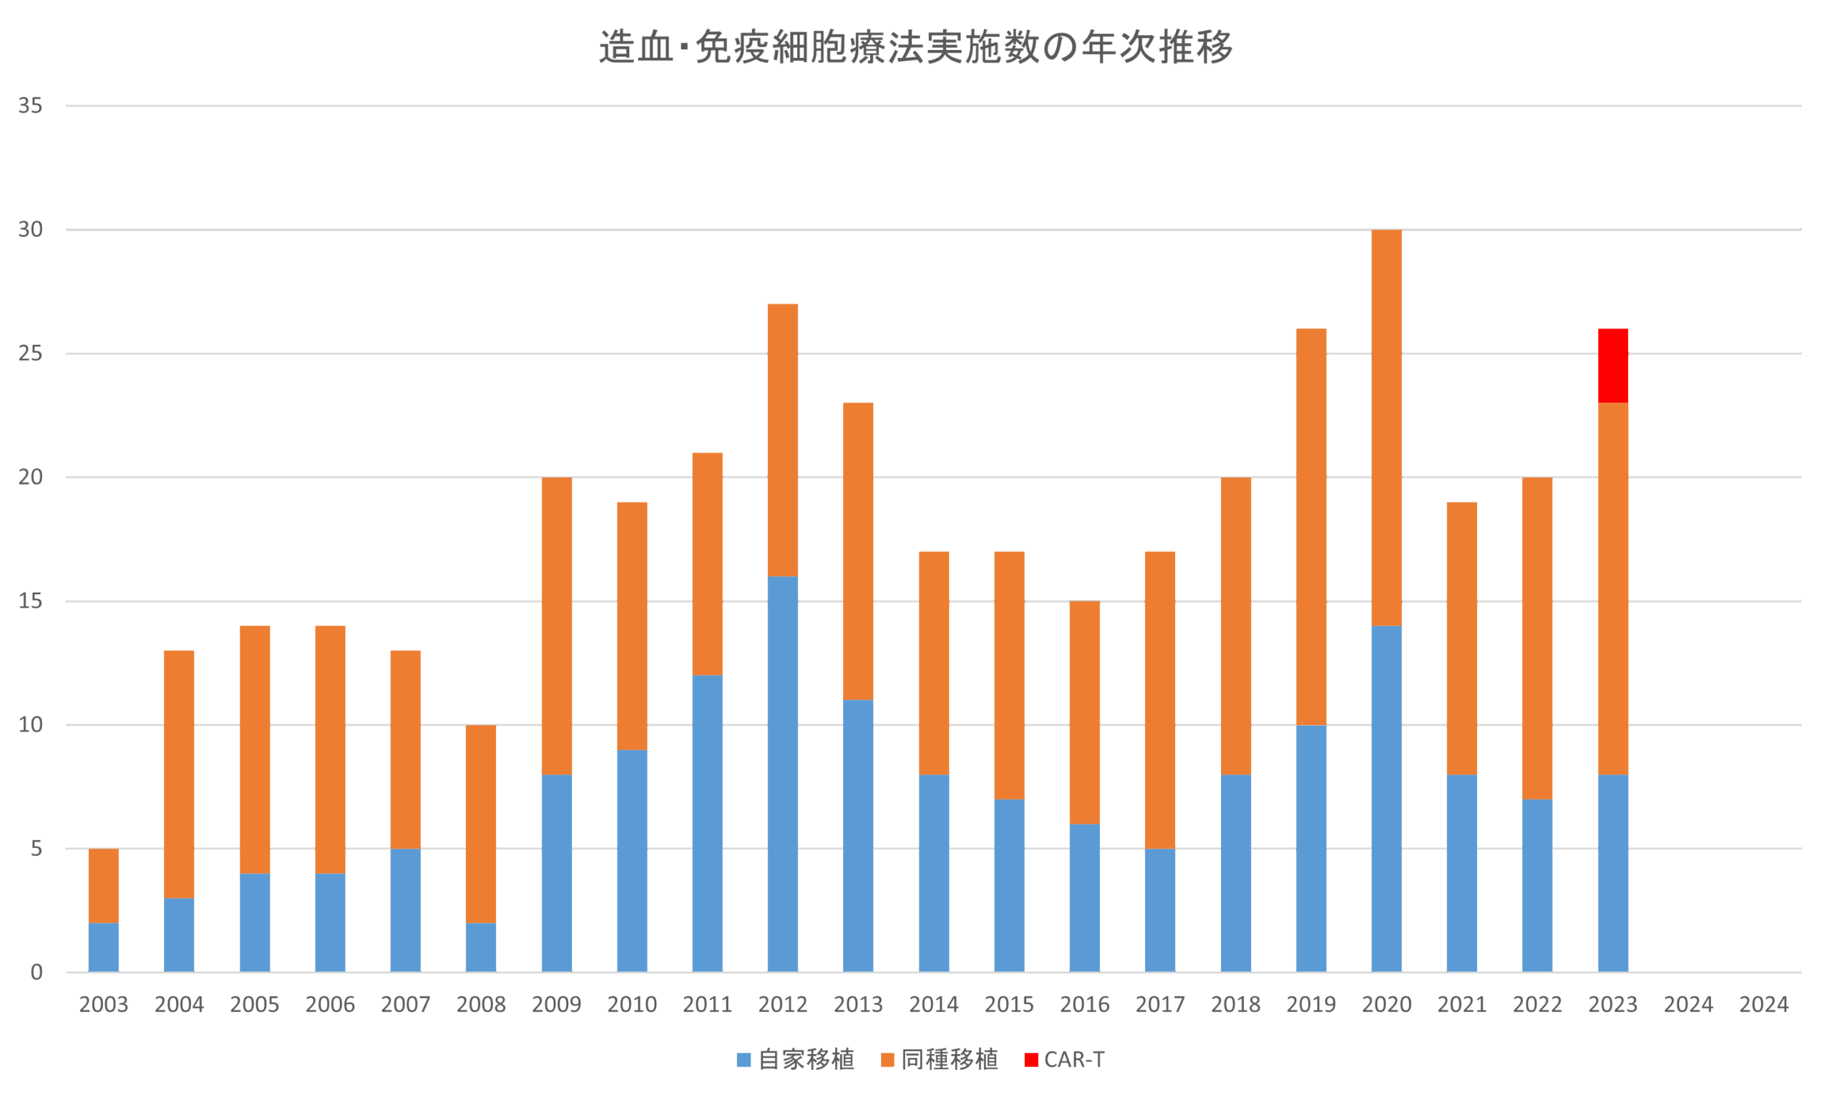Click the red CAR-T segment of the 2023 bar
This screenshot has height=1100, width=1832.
coord(1612,366)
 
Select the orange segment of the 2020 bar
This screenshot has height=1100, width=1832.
coord(1387,428)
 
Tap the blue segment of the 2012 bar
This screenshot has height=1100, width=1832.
coord(783,774)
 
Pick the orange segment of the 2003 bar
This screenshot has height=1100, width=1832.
coord(104,886)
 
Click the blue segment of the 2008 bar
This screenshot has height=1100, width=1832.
coord(481,948)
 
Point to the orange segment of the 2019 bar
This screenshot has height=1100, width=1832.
coord(1311,526)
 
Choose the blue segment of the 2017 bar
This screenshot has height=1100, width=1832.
coord(1160,910)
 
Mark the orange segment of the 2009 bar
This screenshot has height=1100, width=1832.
coord(557,626)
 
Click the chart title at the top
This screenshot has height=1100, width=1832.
coord(916,47)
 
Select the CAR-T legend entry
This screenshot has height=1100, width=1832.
coord(1065,1060)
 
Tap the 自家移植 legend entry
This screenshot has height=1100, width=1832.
coord(796,1060)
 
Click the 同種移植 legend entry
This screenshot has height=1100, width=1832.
coord(940,1060)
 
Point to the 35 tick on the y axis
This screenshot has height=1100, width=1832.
coord(30,106)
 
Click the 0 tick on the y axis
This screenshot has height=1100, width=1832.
coord(36,973)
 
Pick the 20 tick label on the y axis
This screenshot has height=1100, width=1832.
coord(30,477)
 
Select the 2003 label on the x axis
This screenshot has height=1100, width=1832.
coord(104,1005)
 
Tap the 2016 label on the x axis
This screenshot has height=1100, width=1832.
coord(1084,1005)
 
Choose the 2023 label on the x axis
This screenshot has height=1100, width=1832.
coord(1612,1005)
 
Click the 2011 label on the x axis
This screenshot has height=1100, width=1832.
coord(707,1005)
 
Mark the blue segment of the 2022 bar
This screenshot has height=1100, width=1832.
coord(1537,886)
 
